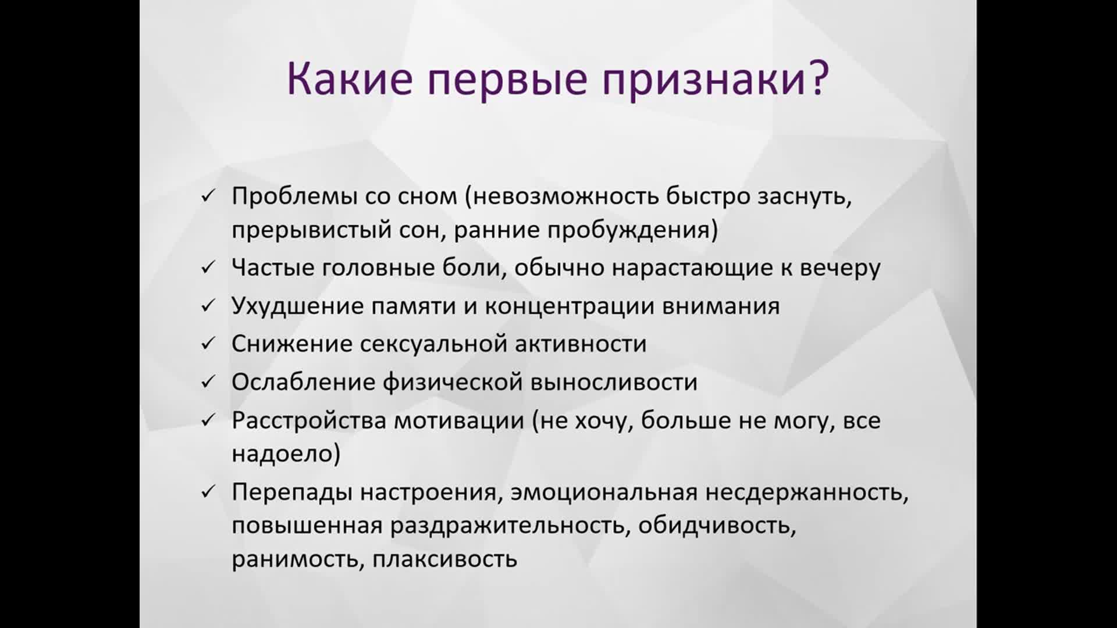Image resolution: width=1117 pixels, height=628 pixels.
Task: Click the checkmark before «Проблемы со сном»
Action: point(208,197)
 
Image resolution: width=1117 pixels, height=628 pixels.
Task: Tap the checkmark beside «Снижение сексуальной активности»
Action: point(208,344)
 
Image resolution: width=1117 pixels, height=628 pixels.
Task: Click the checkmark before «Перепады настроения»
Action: point(208,493)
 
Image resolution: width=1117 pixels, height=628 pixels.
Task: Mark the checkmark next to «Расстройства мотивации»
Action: point(208,420)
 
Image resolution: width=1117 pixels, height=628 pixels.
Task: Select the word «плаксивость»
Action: point(445,559)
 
